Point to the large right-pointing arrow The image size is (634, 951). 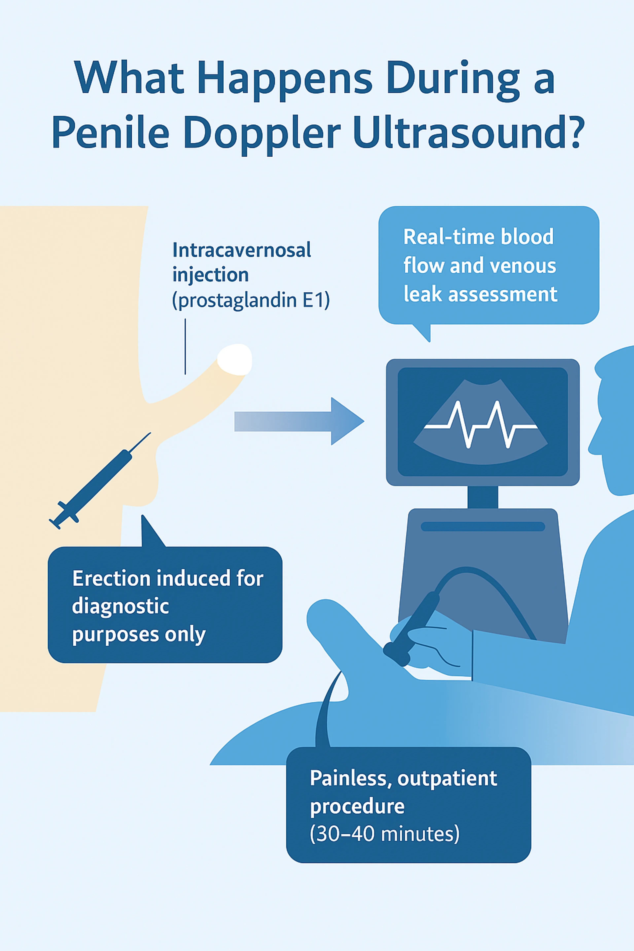click(x=299, y=421)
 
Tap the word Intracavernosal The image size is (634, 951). click(x=241, y=250)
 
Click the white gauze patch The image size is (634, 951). click(x=234, y=359)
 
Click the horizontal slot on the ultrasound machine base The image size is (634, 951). click(x=483, y=527)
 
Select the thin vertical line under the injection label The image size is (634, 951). click(x=185, y=347)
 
